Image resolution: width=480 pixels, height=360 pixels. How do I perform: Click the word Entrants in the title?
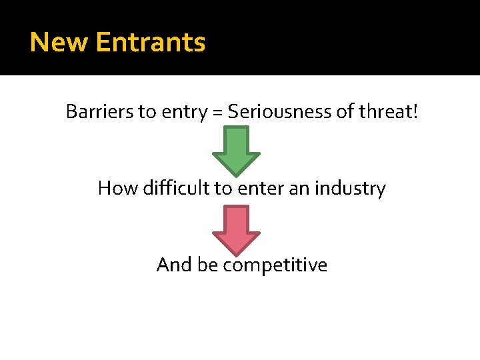click(151, 42)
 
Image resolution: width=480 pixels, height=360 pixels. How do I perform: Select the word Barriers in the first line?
click(99, 111)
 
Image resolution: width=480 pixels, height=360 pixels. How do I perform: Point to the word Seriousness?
click(280, 111)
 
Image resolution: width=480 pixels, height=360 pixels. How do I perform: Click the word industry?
click(350, 189)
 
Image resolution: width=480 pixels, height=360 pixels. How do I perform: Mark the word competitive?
click(275, 266)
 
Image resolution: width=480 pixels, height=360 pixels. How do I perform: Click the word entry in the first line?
click(182, 113)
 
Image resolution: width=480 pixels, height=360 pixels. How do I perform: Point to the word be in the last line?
click(208, 265)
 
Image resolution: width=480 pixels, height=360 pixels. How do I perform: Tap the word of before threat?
click(346, 111)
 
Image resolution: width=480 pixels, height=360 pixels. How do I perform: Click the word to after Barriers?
click(146, 112)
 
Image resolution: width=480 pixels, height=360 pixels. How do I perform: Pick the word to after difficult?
click(223, 189)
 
